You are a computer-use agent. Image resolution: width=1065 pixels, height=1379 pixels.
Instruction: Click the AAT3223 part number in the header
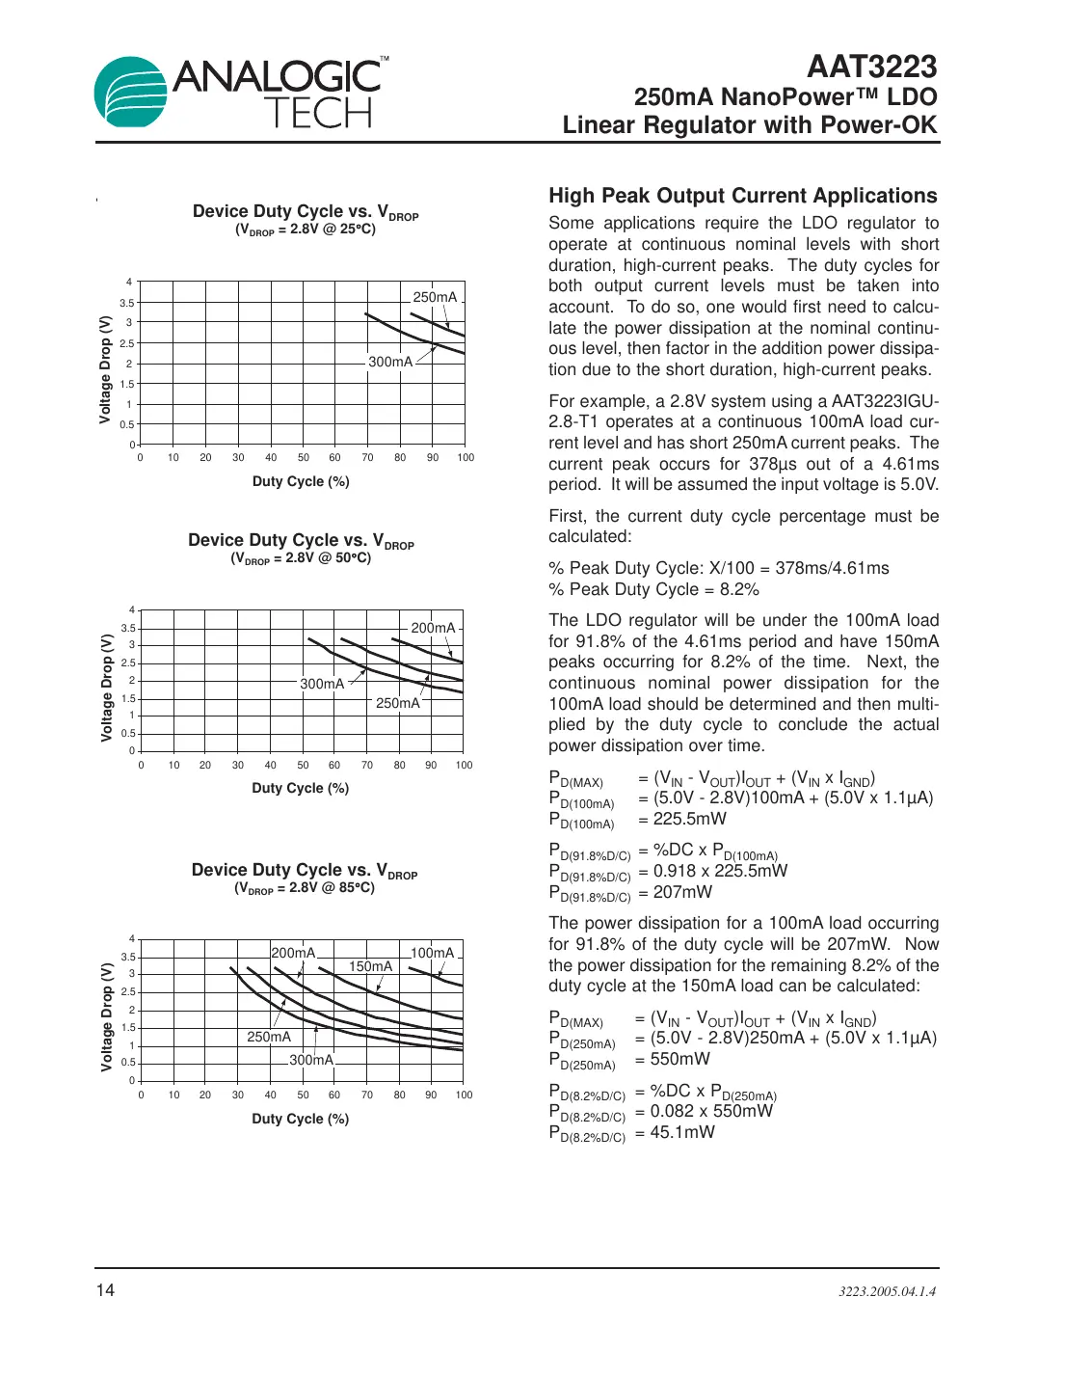pyautogui.click(x=871, y=67)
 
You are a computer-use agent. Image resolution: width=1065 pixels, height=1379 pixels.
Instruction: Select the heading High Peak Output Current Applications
pyautogui.click(x=742, y=196)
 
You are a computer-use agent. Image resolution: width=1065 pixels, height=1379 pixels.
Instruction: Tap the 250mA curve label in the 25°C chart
pyautogui.click(x=435, y=297)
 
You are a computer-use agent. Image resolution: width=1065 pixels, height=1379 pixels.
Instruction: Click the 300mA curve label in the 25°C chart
pyautogui.click(x=390, y=362)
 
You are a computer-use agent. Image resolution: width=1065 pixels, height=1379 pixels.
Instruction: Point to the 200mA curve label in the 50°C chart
pyautogui.click(x=433, y=628)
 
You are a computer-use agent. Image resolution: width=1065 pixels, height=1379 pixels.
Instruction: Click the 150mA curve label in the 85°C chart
pyautogui.click(x=370, y=966)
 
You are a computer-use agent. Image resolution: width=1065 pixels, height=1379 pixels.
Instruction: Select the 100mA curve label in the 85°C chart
pyautogui.click(x=432, y=953)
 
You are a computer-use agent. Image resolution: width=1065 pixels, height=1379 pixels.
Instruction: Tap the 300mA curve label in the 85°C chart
pyautogui.click(x=310, y=1060)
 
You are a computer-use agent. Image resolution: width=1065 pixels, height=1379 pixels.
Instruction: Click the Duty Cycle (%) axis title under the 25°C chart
pyautogui.click(x=301, y=481)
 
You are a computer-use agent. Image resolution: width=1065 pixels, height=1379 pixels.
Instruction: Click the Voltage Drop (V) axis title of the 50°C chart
pyautogui.click(x=107, y=688)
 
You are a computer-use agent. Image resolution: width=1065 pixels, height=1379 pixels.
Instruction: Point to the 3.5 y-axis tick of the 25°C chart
pyautogui.click(x=127, y=303)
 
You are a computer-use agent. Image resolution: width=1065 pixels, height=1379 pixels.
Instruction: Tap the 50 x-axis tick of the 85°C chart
pyautogui.click(x=303, y=1095)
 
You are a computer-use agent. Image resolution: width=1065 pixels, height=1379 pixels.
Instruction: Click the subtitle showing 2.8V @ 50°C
pyautogui.click(x=301, y=558)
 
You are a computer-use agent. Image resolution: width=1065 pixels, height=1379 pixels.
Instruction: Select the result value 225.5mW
pyautogui.click(x=690, y=819)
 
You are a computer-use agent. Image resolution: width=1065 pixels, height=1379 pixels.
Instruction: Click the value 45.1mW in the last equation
pyautogui.click(x=682, y=1132)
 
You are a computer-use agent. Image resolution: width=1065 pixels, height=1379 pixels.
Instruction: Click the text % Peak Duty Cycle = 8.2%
pyautogui.click(x=653, y=589)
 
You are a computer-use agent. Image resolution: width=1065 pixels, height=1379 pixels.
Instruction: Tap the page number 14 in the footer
pyautogui.click(x=105, y=1290)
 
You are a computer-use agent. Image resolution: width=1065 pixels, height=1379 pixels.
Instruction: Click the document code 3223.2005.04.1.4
pyautogui.click(x=887, y=1291)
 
